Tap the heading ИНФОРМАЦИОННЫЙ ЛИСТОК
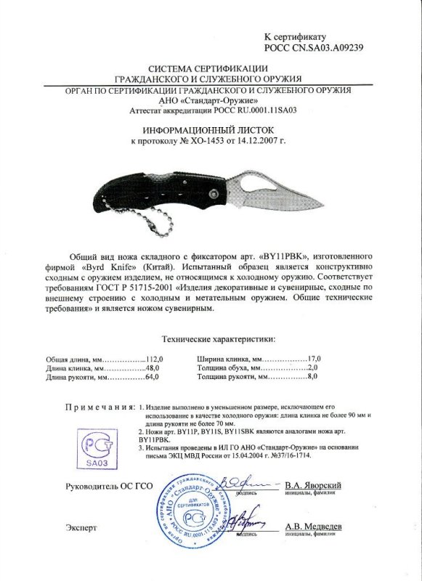pyautogui.click(x=211, y=126)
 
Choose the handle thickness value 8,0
pyautogui.click(x=313, y=378)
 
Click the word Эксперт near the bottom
pyautogui.click(x=81, y=526)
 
